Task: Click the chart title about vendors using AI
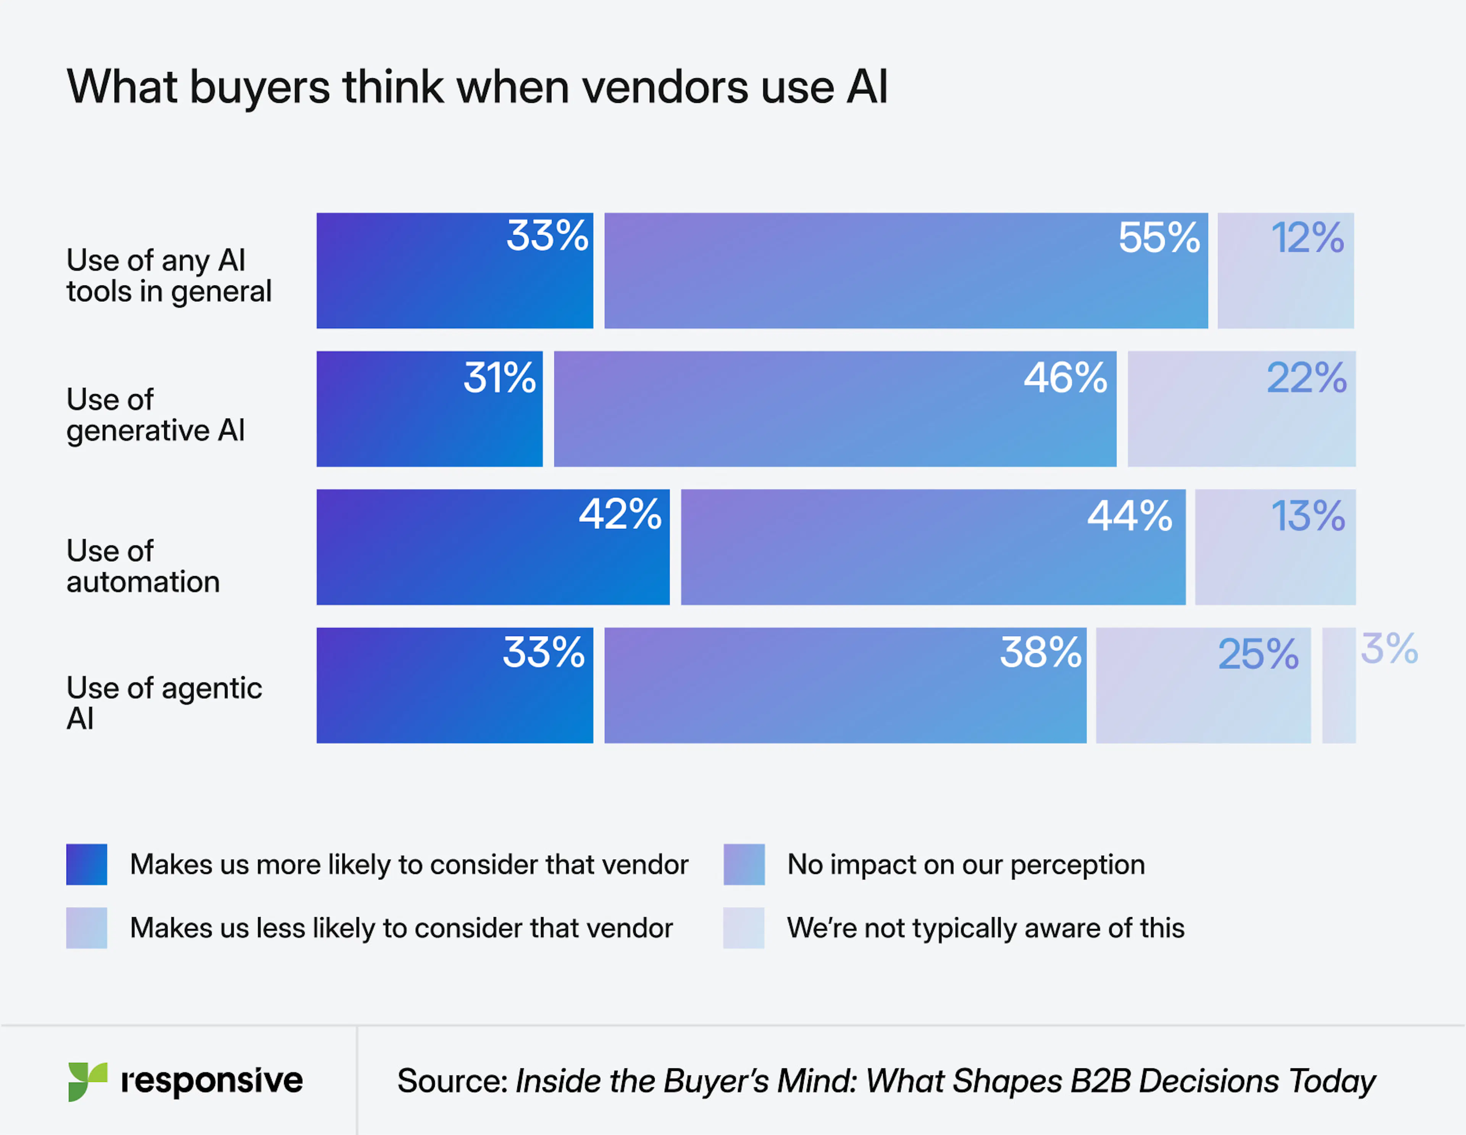[x=476, y=87]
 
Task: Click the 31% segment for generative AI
[x=429, y=409]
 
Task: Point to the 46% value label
[x=1065, y=378]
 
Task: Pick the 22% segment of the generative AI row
[x=1241, y=409]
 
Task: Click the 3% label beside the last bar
[x=1389, y=649]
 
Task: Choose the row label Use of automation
[x=143, y=566]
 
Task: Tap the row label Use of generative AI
[x=155, y=415]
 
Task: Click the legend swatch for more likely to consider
[x=87, y=864]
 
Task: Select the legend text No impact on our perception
[x=965, y=864]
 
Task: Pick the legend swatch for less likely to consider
[x=87, y=928]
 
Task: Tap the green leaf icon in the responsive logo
[x=87, y=1081]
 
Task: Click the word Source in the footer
[x=452, y=1081]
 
